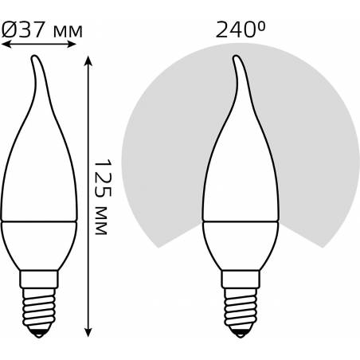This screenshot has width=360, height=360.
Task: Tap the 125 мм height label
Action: point(103,197)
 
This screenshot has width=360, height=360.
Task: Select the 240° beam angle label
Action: point(241,29)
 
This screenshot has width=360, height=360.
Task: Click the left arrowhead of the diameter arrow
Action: point(6,44)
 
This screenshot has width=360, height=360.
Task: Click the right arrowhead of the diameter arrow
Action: point(72,44)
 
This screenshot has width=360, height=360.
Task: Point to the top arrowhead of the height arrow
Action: point(88,61)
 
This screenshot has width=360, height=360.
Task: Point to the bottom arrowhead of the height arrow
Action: point(88,332)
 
